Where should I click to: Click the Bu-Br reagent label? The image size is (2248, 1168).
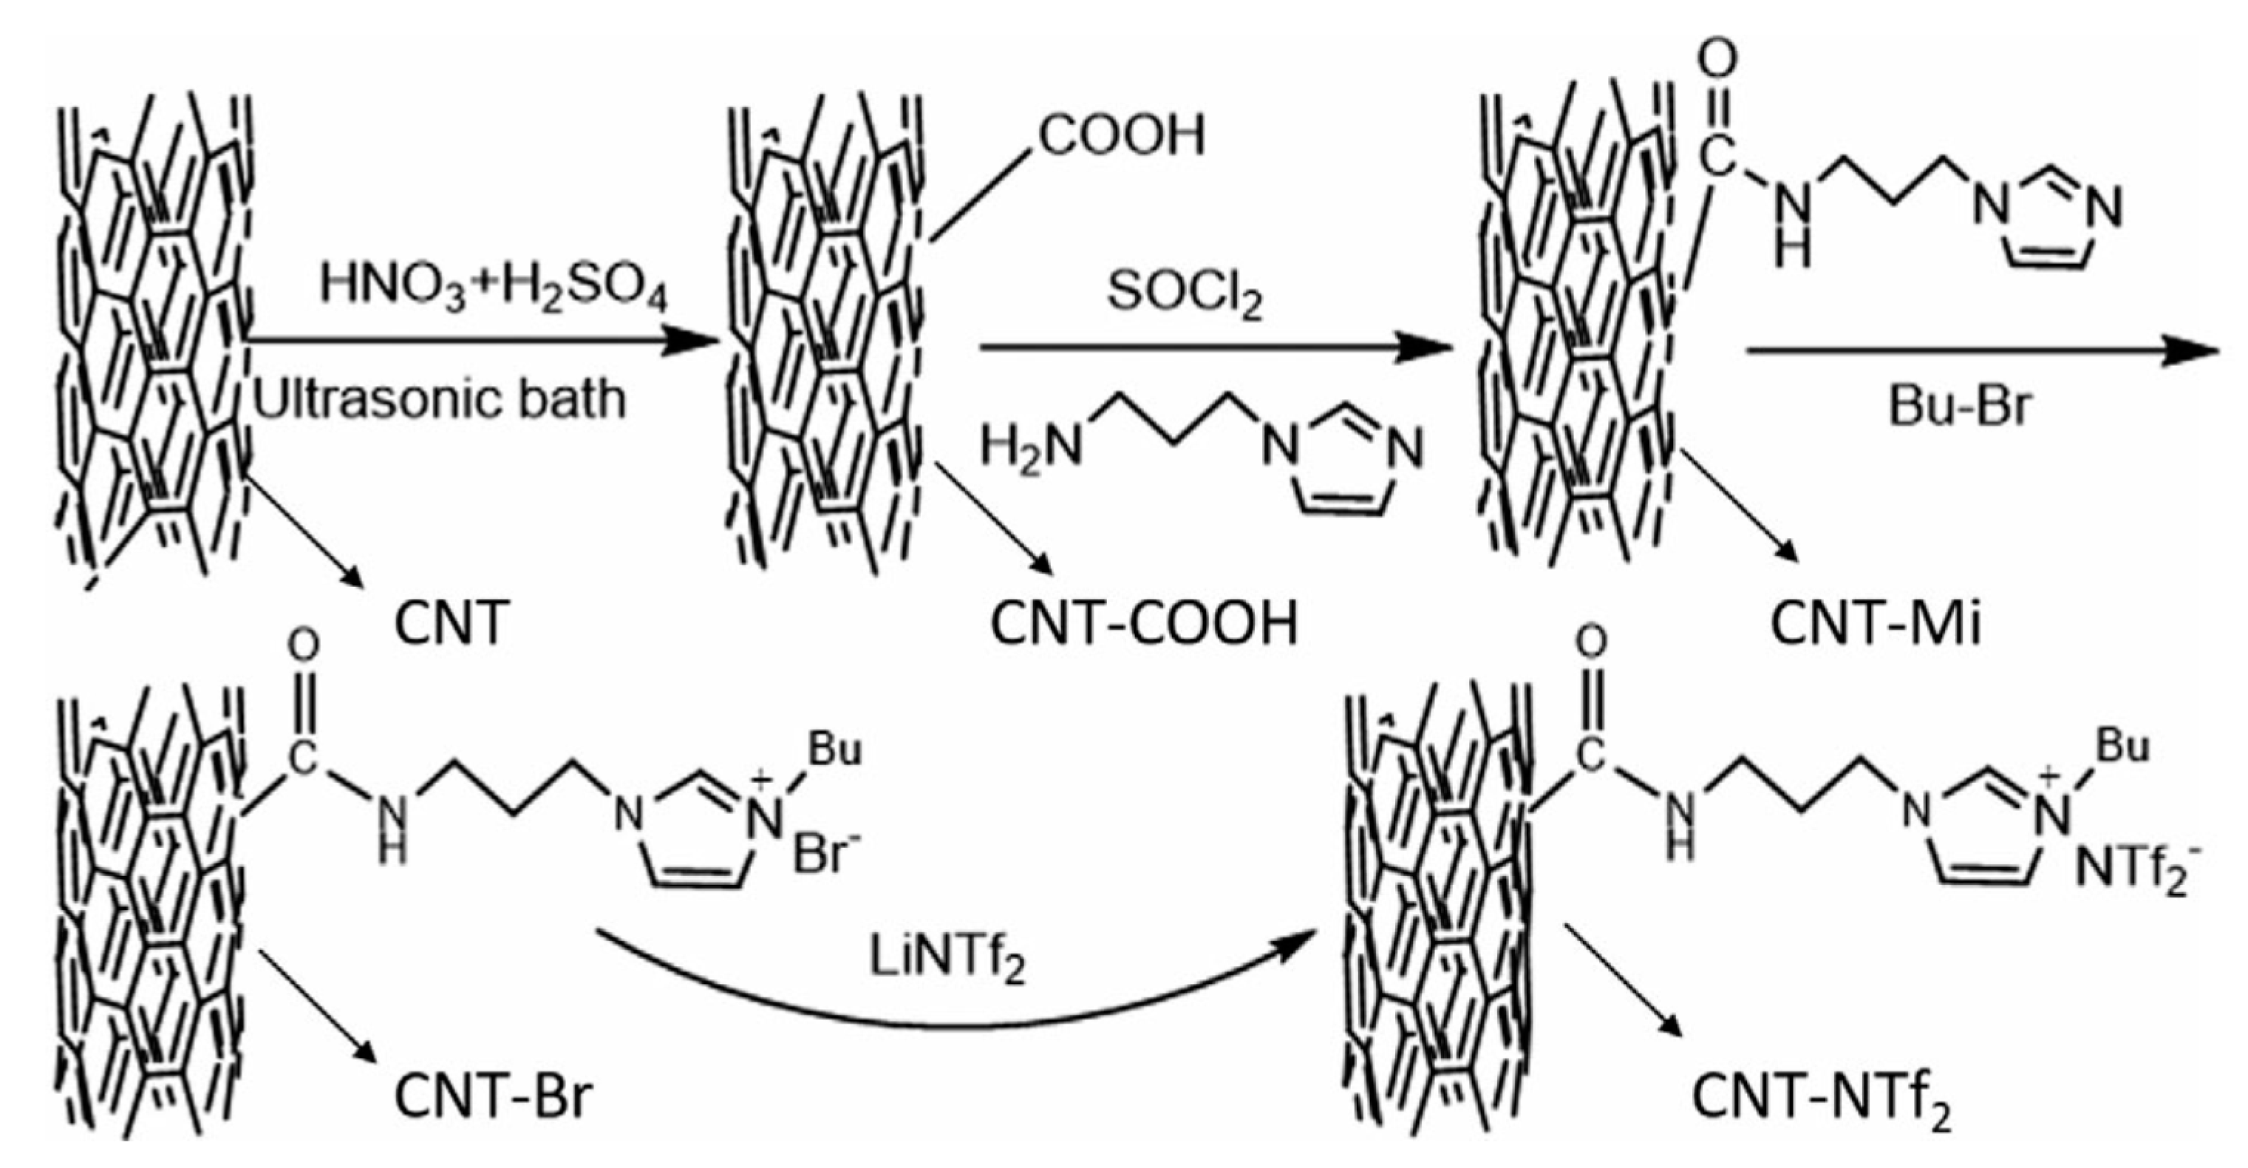(x=1959, y=407)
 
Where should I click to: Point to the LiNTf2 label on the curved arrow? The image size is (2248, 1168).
(x=947, y=960)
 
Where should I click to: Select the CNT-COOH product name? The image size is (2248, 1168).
(x=1143, y=623)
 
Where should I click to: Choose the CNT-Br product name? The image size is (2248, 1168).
(x=493, y=1096)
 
